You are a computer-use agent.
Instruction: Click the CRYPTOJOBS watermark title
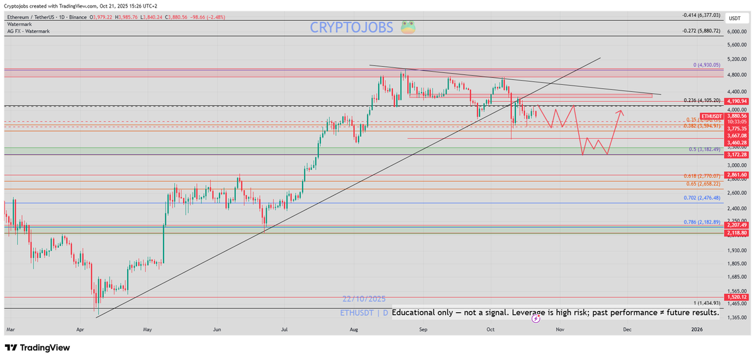[352, 28]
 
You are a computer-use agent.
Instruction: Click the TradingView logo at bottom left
[37, 347]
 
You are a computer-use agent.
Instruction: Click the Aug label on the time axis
[353, 329]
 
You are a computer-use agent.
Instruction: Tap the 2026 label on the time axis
[696, 329]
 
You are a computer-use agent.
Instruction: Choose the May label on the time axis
[147, 329]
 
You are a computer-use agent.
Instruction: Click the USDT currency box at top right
[735, 18]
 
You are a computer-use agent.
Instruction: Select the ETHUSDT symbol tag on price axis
[712, 116]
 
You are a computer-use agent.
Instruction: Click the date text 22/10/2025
[364, 299]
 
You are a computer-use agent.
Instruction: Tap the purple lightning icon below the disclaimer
[535, 319]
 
